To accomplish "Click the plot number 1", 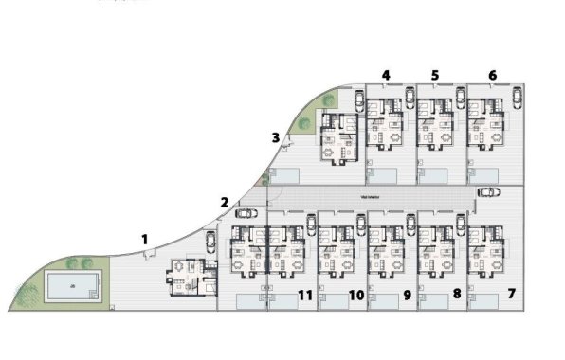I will (145, 240).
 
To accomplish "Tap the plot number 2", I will (224, 202).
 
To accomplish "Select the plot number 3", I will (275, 138).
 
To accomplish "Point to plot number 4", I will (386, 75).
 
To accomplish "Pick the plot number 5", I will (434, 75).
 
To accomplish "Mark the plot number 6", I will (492, 75).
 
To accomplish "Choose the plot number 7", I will (511, 295).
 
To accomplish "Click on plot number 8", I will (457, 295).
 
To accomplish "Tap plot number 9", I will (407, 296).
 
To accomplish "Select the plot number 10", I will (356, 296).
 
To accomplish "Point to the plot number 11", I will (305, 296).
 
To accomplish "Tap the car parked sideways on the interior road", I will (488, 193).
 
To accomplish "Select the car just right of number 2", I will (244, 213).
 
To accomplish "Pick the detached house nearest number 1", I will (188, 278).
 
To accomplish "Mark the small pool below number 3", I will (285, 175).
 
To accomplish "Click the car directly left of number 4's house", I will (358, 102).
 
